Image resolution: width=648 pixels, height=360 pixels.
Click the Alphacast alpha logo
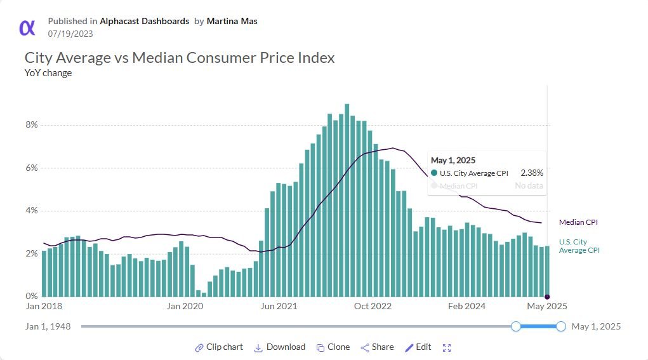point(27,27)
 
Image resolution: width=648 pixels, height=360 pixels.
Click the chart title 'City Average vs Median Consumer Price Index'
point(180,58)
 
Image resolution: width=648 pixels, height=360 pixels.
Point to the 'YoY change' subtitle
point(48,73)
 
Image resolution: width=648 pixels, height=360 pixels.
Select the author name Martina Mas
point(232,21)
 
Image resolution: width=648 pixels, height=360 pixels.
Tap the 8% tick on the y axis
point(32,125)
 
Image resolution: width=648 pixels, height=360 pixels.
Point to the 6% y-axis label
point(32,168)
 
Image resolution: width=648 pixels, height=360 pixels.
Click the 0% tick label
point(32,296)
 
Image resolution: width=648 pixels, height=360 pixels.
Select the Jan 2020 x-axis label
point(183,306)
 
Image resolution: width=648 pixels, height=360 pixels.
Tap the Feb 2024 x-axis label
point(466,306)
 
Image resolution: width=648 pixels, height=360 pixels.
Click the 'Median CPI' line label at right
point(578,222)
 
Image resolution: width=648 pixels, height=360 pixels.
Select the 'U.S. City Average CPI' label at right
point(579,246)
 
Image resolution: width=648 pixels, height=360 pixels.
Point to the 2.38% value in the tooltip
point(531,173)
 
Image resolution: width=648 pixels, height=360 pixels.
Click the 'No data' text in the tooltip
point(529,186)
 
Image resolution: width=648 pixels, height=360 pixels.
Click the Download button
point(280,347)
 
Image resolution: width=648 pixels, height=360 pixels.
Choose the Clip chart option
point(219,347)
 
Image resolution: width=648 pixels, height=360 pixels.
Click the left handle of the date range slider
point(516,326)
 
